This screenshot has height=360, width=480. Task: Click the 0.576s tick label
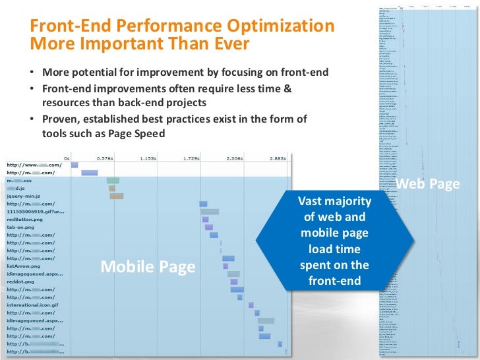[x=106, y=158]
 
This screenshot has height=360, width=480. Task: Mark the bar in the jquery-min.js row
[x=117, y=196]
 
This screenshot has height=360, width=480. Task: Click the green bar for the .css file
[x=113, y=180]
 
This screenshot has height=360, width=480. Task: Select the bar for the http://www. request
[x=75, y=165]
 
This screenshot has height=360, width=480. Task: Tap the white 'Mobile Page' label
[x=148, y=266]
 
